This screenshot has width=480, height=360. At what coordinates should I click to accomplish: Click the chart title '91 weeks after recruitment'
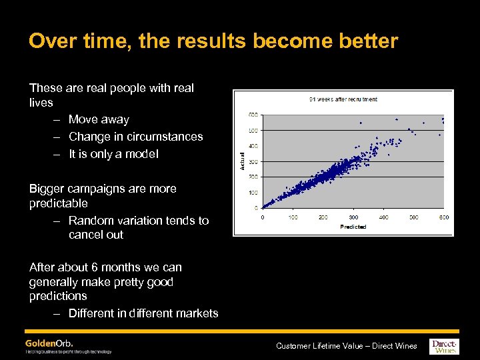coord(343,99)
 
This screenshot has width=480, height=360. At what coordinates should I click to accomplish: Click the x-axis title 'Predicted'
coord(353,227)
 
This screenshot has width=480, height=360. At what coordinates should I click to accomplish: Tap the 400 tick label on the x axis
coord(384,217)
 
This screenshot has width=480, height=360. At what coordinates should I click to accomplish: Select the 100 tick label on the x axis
coord(292,217)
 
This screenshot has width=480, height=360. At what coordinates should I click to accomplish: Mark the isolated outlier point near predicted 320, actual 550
coord(361,123)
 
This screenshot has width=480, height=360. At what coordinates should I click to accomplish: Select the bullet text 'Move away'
coord(99,119)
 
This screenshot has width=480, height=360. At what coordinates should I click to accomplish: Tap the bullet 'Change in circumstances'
coord(135,137)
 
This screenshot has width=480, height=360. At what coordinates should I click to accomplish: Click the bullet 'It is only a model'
coord(113,154)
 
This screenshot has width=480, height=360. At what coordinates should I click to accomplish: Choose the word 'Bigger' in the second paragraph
coord(47,189)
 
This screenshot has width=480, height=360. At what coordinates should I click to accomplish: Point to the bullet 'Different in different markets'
coord(143,313)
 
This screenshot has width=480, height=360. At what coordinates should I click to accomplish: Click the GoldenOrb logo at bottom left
coord(49,343)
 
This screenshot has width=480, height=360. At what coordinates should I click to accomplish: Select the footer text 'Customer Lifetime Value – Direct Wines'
coord(346,345)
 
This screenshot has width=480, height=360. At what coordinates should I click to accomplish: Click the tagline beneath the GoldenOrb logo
coord(69,351)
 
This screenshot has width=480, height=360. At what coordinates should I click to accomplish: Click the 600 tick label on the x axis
coord(444,217)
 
